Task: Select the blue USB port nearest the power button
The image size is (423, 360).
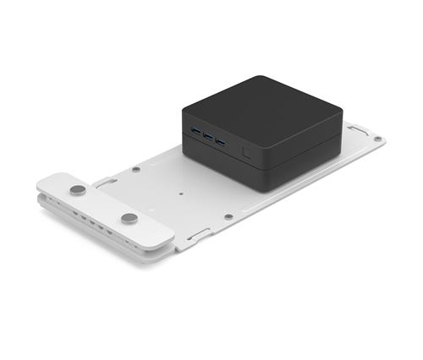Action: pos(221,141)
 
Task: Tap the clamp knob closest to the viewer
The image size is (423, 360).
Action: pos(129,219)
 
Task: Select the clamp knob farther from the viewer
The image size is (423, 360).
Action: pos(78,191)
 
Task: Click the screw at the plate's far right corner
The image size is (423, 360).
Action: pos(377,139)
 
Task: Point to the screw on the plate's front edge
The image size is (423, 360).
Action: pos(228,216)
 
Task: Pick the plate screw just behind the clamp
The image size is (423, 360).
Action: pos(135,169)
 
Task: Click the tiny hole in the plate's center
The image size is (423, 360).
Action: pos(180,191)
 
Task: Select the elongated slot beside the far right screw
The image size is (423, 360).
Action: pos(358,130)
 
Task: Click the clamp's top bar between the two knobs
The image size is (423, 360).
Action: pos(103,205)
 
